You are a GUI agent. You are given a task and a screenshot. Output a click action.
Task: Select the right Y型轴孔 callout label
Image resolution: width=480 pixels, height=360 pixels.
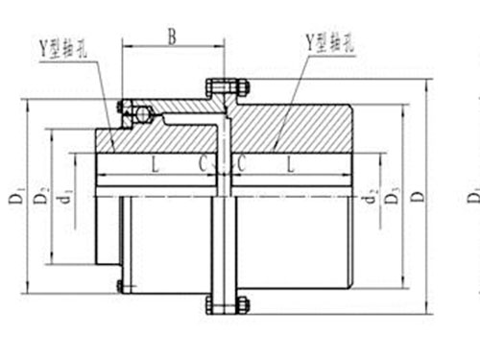click(x=329, y=40)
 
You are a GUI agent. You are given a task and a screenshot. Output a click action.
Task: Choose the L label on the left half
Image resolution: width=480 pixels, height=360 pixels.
click(x=155, y=162)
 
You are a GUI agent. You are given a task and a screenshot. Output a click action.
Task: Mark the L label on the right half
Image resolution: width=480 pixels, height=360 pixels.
click(x=288, y=162)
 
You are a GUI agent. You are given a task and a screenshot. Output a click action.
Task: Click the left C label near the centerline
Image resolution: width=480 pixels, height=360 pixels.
click(x=203, y=162)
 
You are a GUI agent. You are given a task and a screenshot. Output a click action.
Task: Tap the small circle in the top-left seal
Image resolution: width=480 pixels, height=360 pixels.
click(x=143, y=114)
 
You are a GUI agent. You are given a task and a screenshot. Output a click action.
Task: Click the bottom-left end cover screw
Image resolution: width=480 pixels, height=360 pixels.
click(x=120, y=285)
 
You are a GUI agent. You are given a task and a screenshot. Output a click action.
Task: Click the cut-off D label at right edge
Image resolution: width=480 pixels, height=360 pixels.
click(x=472, y=197)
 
